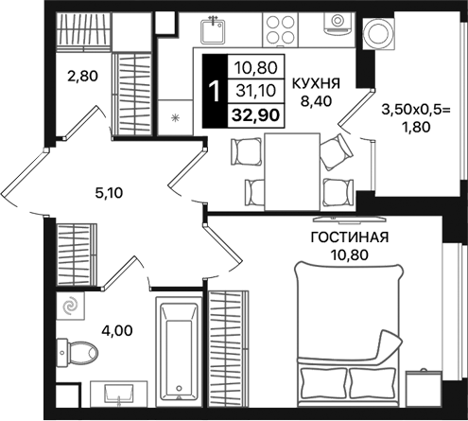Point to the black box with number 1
(x=216, y=91)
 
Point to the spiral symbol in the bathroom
(x=70, y=307)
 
